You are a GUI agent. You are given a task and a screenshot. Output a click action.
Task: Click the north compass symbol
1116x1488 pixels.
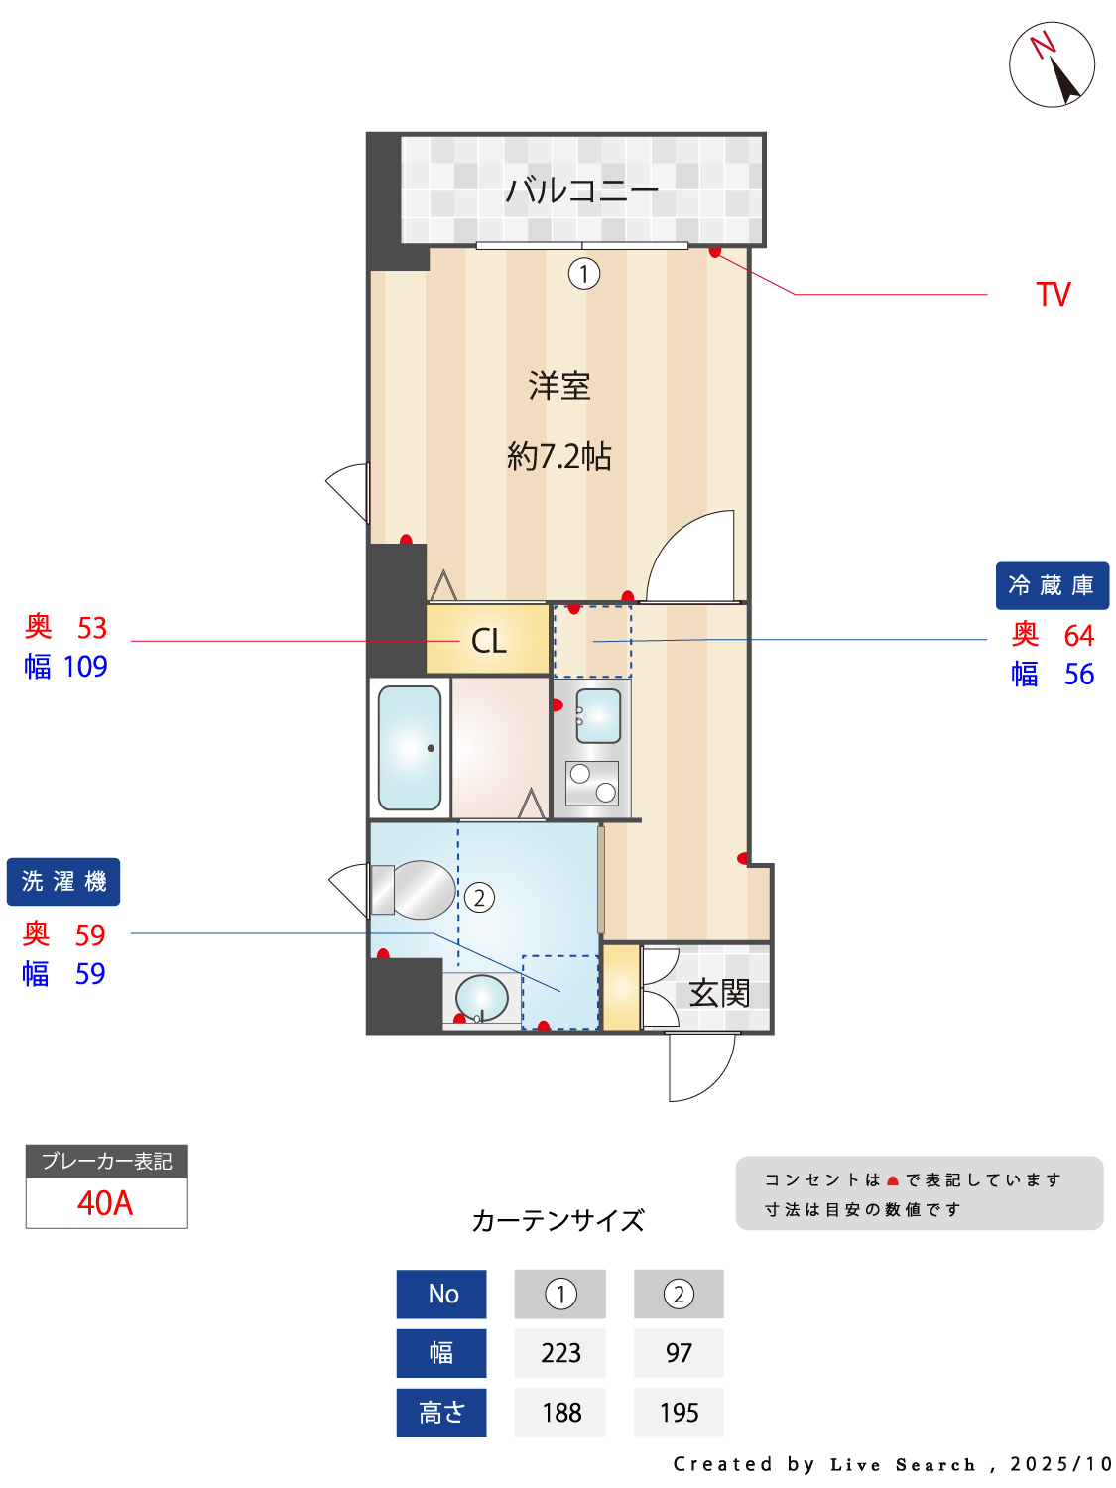pos(1051,64)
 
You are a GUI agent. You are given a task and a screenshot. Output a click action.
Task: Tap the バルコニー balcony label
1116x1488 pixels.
pos(581,189)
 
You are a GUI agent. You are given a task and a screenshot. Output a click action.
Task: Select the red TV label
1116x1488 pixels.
pos(1053,295)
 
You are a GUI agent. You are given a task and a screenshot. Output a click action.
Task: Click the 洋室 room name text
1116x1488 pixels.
pos(559,386)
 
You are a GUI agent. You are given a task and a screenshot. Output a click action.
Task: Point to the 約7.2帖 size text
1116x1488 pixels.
pos(559,456)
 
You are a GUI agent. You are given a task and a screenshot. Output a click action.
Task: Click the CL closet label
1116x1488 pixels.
pos(488,641)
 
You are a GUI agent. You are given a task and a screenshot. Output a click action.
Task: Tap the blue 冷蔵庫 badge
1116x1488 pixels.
pos(1052,585)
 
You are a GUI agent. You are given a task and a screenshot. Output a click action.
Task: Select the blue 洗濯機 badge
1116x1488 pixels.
pos(63,881)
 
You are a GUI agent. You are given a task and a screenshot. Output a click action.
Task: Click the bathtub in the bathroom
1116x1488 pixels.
pos(410,748)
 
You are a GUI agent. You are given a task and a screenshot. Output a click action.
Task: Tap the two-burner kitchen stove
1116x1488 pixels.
pos(592,783)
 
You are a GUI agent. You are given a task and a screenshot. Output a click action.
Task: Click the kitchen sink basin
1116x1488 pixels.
pos(598,716)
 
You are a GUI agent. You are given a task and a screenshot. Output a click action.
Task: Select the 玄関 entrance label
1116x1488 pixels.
pos(719,993)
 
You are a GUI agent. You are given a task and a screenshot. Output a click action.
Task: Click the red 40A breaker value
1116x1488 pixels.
pos(105,1203)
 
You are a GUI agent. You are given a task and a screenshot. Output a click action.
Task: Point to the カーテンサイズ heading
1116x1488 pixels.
pos(558,1221)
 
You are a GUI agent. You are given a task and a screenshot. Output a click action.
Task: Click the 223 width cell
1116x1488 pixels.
pos(560,1353)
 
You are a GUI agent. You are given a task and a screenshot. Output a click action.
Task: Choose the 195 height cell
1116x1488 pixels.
pos(679,1412)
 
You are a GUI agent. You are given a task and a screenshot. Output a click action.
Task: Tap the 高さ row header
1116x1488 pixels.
pos(441,1412)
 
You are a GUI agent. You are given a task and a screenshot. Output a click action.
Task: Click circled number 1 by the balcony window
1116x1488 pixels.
pos(584,274)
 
